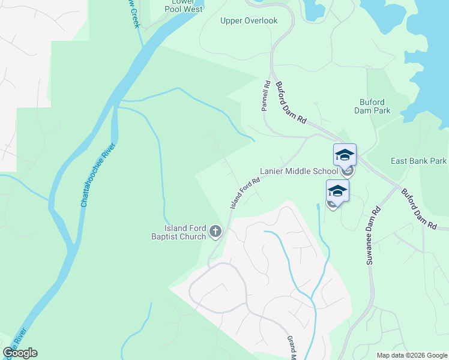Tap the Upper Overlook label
(249, 21)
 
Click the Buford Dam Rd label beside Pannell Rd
(292, 103)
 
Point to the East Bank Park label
(418, 161)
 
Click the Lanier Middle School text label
(298, 171)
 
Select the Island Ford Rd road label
(245, 193)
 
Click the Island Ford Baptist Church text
(185, 232)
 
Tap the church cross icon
(215, 231)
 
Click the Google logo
(20, 353)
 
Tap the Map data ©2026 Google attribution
(411, 355)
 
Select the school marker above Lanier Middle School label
(345, 155)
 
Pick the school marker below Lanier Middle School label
(337, 191)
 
